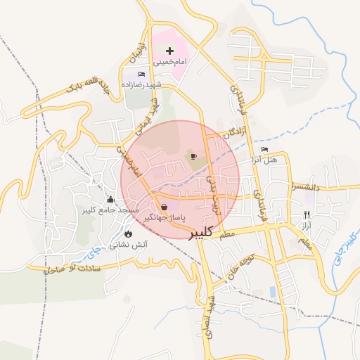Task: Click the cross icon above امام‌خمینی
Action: click(x=169, y=51)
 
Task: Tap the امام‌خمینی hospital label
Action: click(x=169, y=62)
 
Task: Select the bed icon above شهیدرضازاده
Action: click(x=141, y=74)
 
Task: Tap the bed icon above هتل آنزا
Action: click(x=264, y=149)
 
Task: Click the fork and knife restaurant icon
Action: click(x=306, y=214)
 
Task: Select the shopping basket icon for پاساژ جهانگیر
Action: click(x=164, y=207)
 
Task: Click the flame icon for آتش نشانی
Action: click(x=128, y=234)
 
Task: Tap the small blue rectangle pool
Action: click(x=273, y=291)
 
